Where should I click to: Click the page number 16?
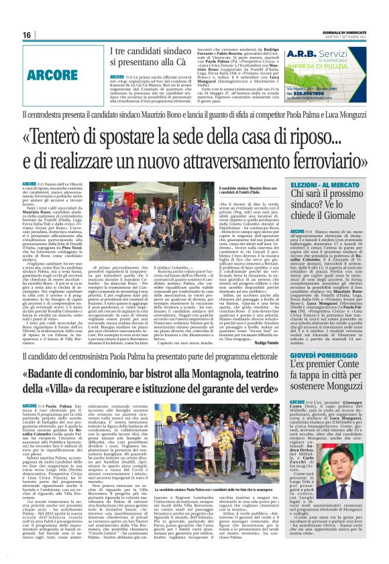(x=27, y=35)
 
